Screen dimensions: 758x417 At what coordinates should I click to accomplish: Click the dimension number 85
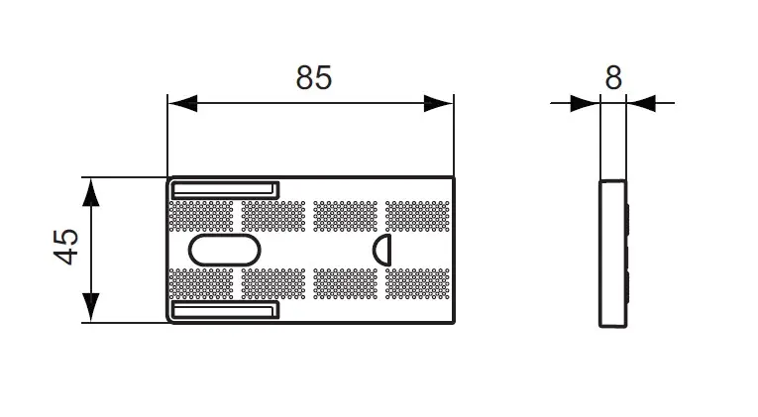click(314, 77)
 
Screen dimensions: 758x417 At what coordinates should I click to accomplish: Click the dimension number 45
click(65, 247)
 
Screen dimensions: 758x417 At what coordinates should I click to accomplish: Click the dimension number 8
click(613, 77)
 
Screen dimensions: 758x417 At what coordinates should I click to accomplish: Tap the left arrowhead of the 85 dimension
click(182, 103)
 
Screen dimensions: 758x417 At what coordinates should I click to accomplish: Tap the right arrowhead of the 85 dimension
click(439, 103)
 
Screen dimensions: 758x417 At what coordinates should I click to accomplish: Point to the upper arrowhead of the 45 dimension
click(91, 192)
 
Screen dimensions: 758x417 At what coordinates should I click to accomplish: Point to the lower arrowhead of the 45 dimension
click(91, 307)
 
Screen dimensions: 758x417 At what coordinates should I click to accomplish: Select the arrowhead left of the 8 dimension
click(585, 103)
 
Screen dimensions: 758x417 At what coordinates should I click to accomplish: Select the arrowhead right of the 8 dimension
click(641, 103)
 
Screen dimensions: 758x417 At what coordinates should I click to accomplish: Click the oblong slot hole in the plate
click(225, 251)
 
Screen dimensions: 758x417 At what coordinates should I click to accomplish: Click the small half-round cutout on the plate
click(381, 251)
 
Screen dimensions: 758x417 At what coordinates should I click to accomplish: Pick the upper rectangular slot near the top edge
click(226, 190)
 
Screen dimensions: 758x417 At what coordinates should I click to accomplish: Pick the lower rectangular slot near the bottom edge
click(226, 310)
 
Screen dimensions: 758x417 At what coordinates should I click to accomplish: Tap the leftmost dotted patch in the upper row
click(201, 217)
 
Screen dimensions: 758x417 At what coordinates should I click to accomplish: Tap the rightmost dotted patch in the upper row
click(417, 217)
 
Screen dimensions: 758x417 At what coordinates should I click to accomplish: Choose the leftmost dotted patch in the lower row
click(201, 283)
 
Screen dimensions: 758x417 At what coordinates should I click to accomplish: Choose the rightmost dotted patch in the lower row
click(417, 283)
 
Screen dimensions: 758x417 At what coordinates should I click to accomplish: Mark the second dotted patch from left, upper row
click(273, 217)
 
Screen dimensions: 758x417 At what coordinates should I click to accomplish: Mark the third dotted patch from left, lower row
click(345, 283)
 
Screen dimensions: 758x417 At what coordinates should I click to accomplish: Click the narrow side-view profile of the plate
click(613, 254)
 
